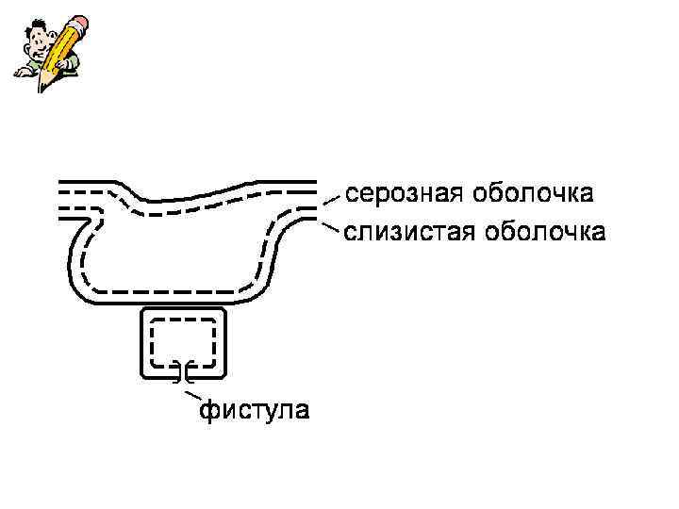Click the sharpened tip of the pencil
(x=41, y=88)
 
